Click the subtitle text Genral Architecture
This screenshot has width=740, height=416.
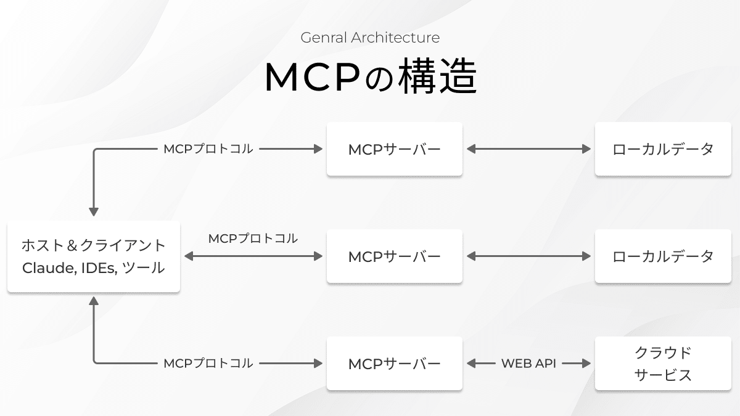pos(370,38)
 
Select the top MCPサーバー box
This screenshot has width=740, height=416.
pos(395,149)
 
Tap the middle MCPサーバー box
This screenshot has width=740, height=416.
pos(395,256)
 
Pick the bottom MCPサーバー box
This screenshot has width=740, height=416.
pos(395,364)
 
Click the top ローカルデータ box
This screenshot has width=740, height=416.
pos(663,149)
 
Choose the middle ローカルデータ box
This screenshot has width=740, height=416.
pos(663,256)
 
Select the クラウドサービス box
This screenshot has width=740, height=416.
pos(663,364)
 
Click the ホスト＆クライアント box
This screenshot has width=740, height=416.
pos(94,256)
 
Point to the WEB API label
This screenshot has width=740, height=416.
pos(528,364)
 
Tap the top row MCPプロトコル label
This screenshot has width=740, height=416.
pos(208,149)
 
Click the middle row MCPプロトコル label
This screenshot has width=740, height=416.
pos(253,239)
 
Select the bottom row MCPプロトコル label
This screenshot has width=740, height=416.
pos(208,364)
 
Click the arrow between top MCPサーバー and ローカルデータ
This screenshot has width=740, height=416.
pos(528,149)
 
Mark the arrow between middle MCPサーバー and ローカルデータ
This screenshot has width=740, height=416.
pos(528,256)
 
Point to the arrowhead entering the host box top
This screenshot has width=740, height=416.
pos(94,211)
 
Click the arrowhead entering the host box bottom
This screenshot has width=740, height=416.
pos(94,301)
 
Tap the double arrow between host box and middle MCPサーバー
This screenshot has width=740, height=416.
pos(253,256)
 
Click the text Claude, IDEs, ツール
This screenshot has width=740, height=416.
pos(94,269)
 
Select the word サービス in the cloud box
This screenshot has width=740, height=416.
pos(663,375)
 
